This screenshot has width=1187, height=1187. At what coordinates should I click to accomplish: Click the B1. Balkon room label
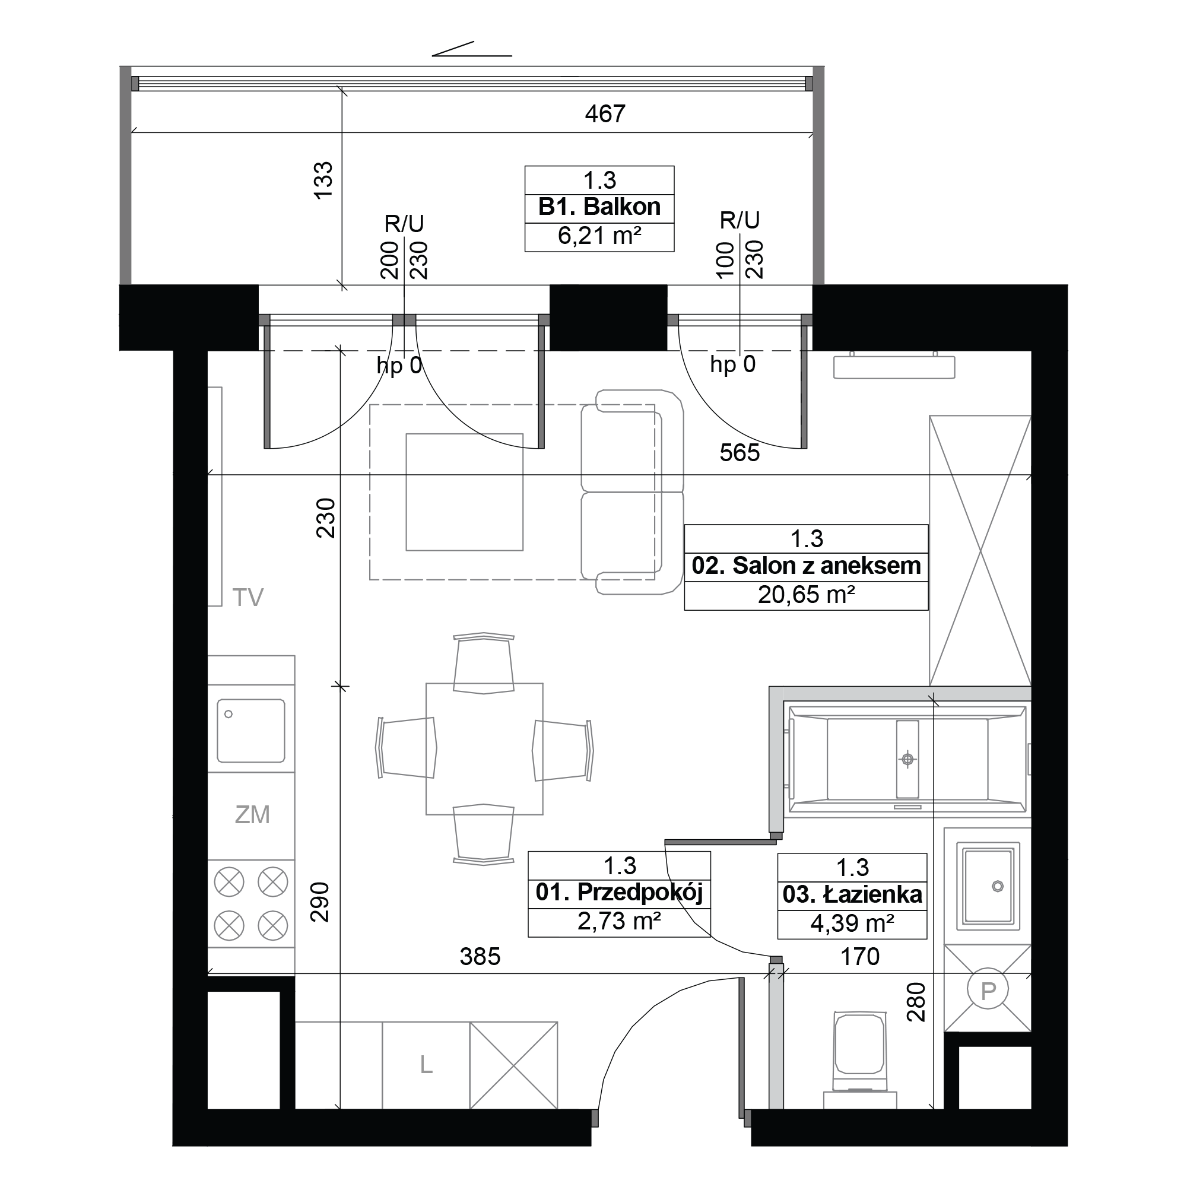coord(599,207)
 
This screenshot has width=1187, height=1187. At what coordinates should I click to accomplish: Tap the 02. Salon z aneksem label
coord(806,566)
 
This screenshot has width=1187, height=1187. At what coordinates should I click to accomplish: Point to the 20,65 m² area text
coord(806,595)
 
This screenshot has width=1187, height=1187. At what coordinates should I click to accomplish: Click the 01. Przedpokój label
coord(618,893)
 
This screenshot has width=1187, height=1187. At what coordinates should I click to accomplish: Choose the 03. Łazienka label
coord(852,894)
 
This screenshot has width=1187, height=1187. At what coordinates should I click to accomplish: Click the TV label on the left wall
coord(247,597)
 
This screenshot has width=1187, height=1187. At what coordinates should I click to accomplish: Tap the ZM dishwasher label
coord(252,815)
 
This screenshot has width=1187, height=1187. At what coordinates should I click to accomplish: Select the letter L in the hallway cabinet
coord(426,1065)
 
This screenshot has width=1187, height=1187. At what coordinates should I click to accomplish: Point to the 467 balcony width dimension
coord(605,114)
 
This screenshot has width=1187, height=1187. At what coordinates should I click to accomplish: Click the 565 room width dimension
coord(740,453)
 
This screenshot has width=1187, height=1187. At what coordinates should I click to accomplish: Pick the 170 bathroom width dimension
coord(860,957)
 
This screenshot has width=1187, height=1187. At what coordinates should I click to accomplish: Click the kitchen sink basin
coord(250,730)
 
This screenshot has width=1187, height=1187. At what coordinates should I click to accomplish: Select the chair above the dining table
coord(484,663)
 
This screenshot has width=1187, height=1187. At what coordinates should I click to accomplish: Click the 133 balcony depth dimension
coord(324,179)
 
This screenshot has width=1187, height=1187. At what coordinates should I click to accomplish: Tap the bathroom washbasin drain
coord(997,886)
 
